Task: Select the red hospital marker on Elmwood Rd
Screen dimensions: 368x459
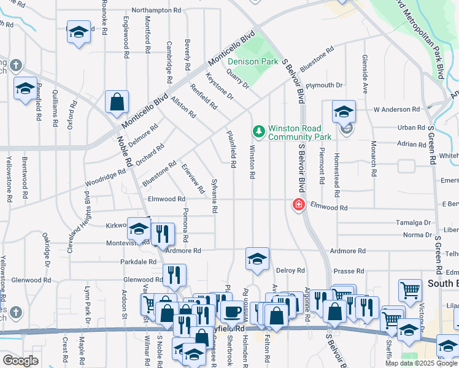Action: [299, 204]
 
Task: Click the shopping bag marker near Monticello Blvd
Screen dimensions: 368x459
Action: [117, 102]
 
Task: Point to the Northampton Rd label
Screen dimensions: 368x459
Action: [156, 10]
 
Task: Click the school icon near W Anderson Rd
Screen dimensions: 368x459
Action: [344, 112]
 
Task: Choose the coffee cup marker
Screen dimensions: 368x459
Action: [231, 311]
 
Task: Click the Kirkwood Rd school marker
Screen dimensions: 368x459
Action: [139, 229]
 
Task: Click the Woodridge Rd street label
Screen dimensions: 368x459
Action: [105, 180]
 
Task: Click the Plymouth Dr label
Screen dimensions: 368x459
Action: [324, 85]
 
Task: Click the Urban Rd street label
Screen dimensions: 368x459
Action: [411, 128]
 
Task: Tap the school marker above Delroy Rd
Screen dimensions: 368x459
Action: [258, 259]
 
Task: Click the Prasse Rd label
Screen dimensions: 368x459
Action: [349, 270]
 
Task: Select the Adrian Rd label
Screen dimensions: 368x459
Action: [411, 144]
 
